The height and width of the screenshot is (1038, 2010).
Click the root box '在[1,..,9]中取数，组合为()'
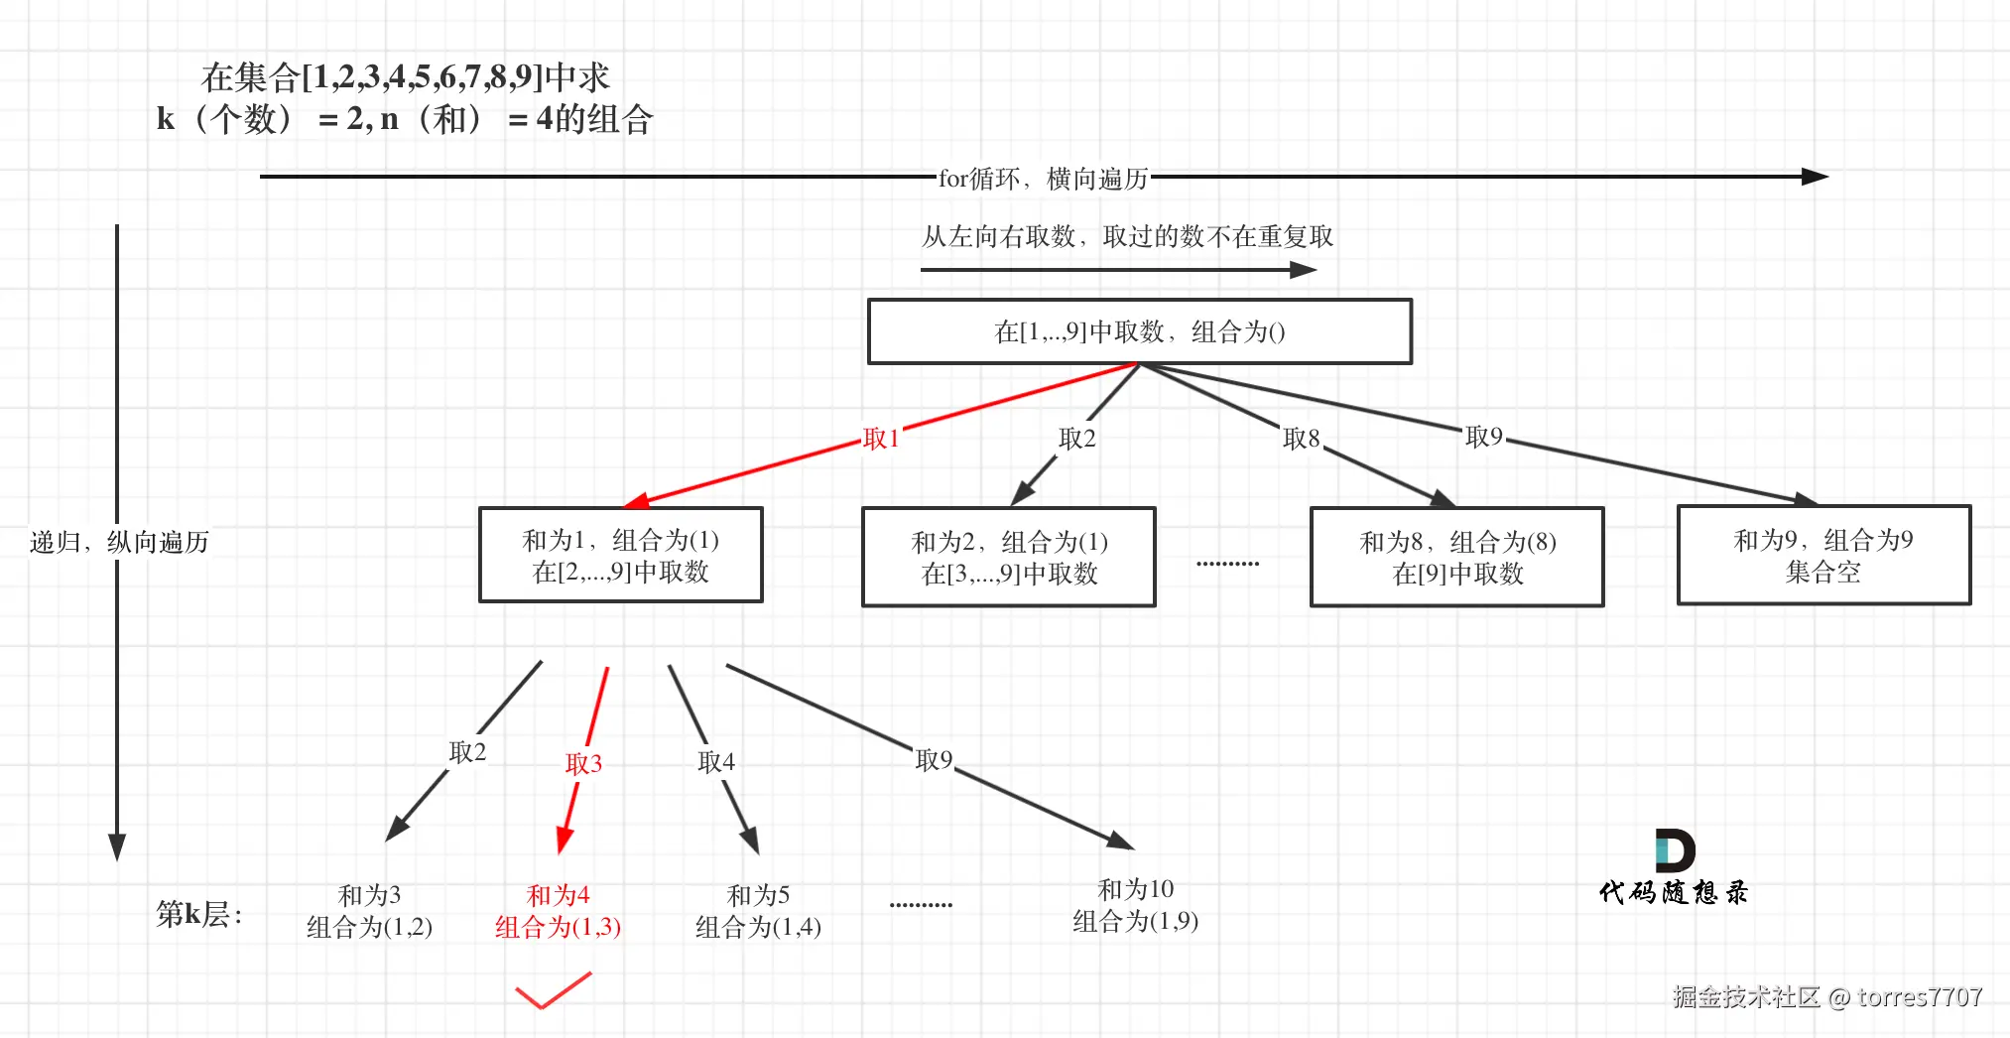coord(1139,331)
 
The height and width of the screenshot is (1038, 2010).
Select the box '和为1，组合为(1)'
coord(620,555)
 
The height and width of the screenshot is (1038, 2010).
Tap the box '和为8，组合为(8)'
coord(1456,557)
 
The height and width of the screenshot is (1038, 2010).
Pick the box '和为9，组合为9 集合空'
coord(1822,555)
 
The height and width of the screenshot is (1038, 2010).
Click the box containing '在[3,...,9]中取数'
coord(1008,557)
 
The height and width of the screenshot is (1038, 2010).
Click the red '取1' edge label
coord(881,439)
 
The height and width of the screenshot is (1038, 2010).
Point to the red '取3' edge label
coord(583,763)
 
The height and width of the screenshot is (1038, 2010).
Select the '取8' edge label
coord(1301,439)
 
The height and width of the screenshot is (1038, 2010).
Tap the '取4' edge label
coord(716,761)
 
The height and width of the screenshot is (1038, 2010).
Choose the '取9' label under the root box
coord(1483,437)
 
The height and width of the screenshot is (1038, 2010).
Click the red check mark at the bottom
coord(552,990)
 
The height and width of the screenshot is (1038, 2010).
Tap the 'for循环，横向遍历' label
coord(1043,179)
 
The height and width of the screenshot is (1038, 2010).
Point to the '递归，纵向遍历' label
coord(119,542)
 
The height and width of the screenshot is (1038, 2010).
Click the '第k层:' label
coord(198,913)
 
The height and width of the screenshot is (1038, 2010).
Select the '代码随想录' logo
coord(1674,868)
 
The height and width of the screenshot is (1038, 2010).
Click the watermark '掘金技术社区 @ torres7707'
coord(1826,996)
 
